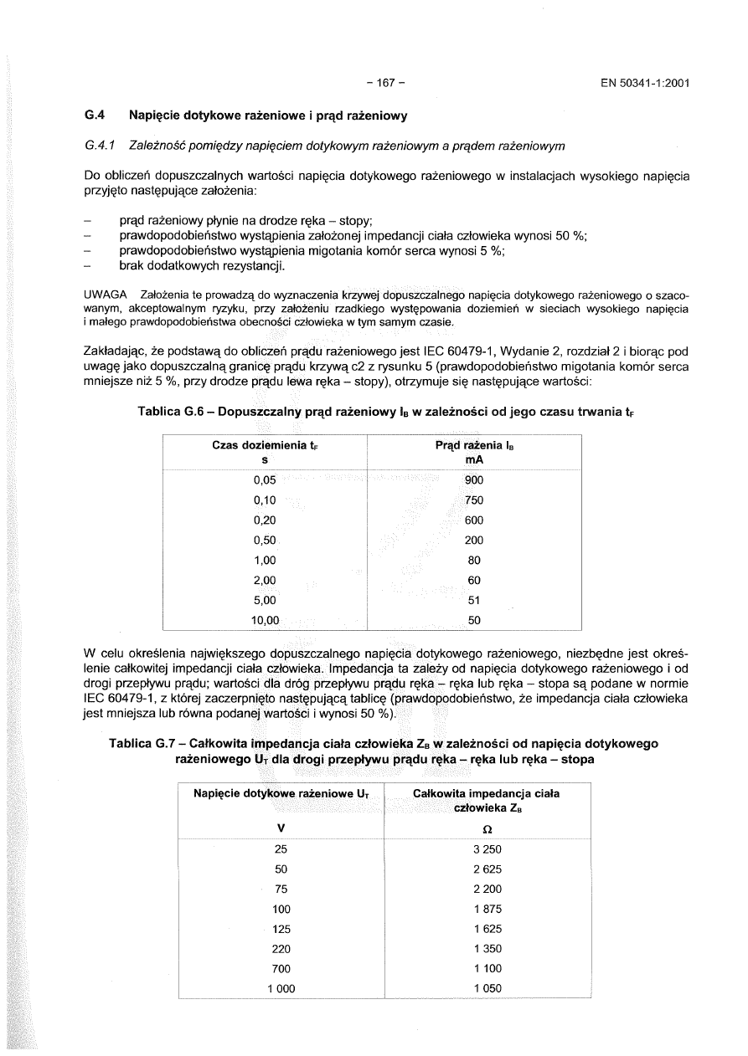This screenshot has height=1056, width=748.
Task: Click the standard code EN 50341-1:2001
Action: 644,83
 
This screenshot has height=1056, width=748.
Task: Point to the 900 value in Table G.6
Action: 474,480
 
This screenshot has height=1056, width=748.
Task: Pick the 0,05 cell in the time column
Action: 264,480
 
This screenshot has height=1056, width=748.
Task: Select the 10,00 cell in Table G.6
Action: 264,620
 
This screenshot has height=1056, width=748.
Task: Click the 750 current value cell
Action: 474,500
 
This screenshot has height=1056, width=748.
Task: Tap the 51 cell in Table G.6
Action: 474,600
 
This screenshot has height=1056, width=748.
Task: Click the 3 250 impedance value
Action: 487,849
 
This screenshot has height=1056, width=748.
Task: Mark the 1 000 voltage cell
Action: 281,988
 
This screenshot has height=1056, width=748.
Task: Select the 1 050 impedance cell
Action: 487,988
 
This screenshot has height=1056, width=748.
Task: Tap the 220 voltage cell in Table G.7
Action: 281,949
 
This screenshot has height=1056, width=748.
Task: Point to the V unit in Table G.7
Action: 281,828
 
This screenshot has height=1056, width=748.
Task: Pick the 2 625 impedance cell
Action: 487,869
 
